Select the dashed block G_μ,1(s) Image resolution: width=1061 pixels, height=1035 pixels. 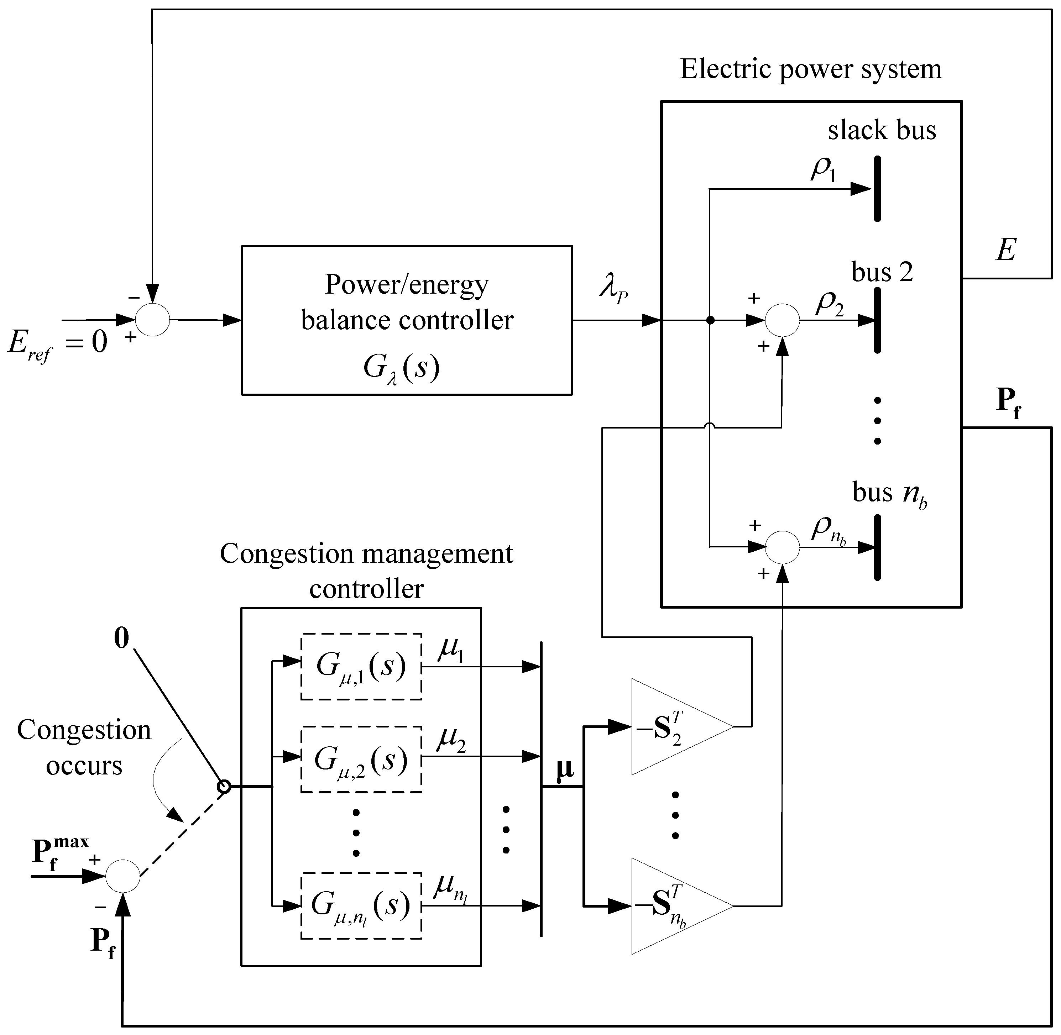[x=361, y=666]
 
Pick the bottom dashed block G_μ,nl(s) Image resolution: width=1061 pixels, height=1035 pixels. [x=361, y=905]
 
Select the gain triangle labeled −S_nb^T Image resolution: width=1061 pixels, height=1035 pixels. [x=674, y=905]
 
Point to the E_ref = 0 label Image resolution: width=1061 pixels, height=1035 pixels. [x=57, y=343]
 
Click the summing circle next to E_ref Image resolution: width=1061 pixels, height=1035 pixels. [x=153, y=320]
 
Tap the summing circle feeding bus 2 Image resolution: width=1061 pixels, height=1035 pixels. [x=782, y=320]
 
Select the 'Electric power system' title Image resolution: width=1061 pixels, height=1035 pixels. [x=811, y=69]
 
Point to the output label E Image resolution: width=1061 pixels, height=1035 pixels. [x=1005, y=251]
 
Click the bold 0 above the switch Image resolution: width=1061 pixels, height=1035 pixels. [x=122, y=638]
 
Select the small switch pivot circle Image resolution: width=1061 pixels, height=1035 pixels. [x=224, y=786]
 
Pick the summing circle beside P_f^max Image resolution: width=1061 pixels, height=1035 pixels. [x=122, y=876]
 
